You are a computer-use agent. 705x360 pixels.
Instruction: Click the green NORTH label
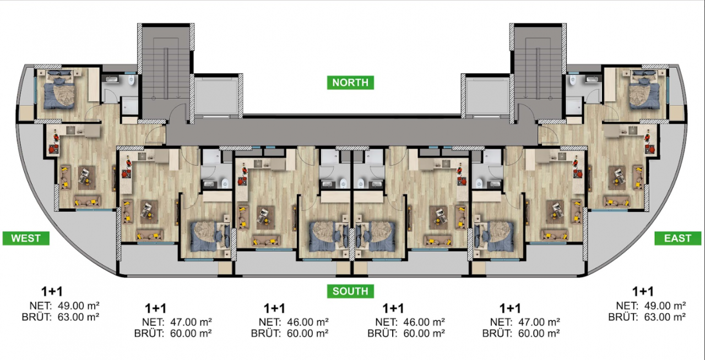[x=350, y=83]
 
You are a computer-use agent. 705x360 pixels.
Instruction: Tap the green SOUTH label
[x=350, y=291]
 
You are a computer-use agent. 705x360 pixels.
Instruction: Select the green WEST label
[x=26, y=238]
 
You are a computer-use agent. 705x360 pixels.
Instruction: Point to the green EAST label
[x=677, y=238]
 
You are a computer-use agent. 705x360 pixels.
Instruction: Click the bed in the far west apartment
[x=59, y=90]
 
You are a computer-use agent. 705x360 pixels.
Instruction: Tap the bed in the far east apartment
[x=644, y=90]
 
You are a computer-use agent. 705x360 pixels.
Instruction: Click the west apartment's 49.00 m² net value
[x=79, y=306]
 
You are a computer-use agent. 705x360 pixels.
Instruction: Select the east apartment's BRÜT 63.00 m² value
[x=665, y=317]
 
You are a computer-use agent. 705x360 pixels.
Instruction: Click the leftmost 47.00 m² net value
[x=191, y=322]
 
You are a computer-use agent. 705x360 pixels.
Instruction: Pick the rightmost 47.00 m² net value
[x=539, y=322]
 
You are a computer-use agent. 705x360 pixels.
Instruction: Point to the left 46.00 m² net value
[x=308, y=322]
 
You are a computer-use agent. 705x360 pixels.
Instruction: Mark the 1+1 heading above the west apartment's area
[x=52, y=292]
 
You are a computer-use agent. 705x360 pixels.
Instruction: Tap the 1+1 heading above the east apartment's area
[x=643, y=292]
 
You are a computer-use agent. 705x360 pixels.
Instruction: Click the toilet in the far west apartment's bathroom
[x=131, y=80]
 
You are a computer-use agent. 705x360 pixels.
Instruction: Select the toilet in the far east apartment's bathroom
[x=572, y=80]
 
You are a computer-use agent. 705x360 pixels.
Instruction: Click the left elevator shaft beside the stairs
[x=216, y=96]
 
